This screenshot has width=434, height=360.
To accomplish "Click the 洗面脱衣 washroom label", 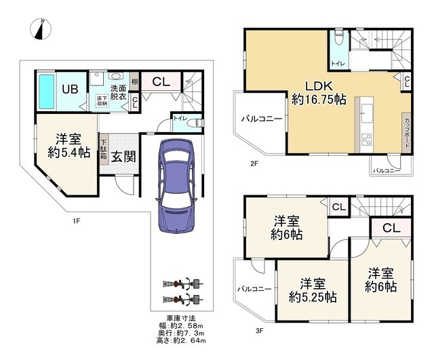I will point(119,92).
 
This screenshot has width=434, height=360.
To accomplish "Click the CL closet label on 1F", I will point(161,82).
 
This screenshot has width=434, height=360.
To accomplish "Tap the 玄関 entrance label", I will point(123,156).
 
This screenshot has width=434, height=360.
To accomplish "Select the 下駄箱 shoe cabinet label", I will point(103,149).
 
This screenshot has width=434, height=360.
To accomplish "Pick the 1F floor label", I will point(77,220).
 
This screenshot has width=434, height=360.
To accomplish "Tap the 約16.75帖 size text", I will point(319,100).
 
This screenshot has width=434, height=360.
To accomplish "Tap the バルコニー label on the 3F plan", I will point(254,289).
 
